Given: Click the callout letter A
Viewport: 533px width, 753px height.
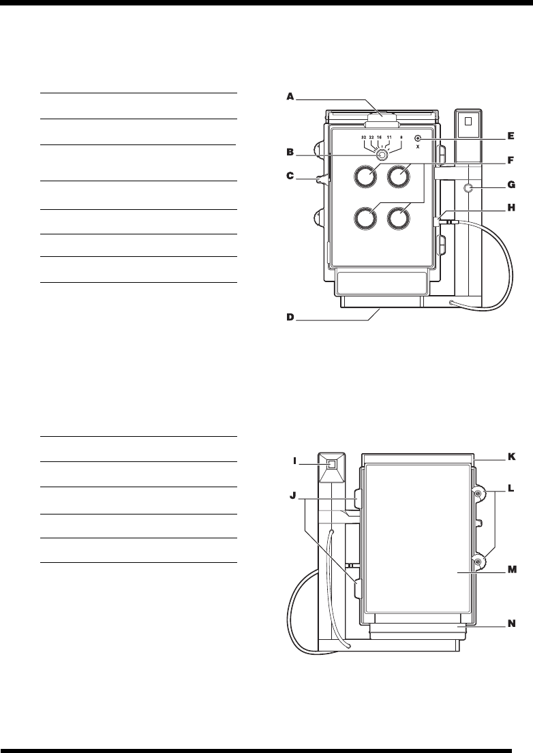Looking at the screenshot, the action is tap(290, 97).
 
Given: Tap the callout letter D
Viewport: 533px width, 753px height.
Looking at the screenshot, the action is tap(290, 317).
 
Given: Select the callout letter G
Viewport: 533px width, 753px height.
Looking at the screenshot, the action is tap(512, 184).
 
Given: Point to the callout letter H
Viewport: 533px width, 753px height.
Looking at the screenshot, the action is tap(512, 210).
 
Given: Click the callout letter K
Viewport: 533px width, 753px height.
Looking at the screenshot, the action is tap(512, 457).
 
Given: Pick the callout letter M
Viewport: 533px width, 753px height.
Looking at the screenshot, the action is tap(512, 573).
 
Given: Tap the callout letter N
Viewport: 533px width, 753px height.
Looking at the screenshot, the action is tap(512, 622).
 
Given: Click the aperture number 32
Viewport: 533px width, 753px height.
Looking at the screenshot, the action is tap(365, 138).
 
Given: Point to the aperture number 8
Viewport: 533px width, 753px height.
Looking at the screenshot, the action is tap(401, 138).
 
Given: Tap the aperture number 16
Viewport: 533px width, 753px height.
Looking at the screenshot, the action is tap(380, 138).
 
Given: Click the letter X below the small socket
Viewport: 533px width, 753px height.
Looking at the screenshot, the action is tap(418, 146).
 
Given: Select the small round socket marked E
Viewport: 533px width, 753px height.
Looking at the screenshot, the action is tap(418, 138).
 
